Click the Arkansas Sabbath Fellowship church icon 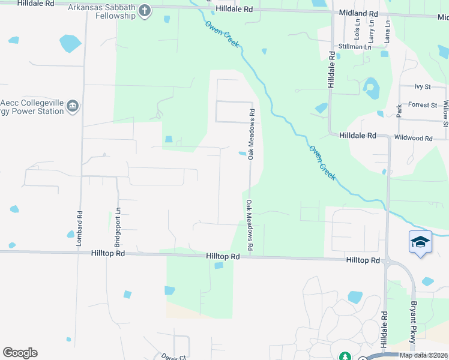coord(145,10)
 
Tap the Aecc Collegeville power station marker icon coord(73,106)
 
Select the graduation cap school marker coord(420,242)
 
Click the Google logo coord(20,353)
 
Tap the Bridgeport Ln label coord(117,222)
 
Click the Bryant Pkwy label coord(414,325)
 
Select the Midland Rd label coord(358,13)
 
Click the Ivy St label coord(423,87)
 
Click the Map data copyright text coord(424,355)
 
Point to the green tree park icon coord(345,356)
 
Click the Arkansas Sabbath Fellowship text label coord(101,11)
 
